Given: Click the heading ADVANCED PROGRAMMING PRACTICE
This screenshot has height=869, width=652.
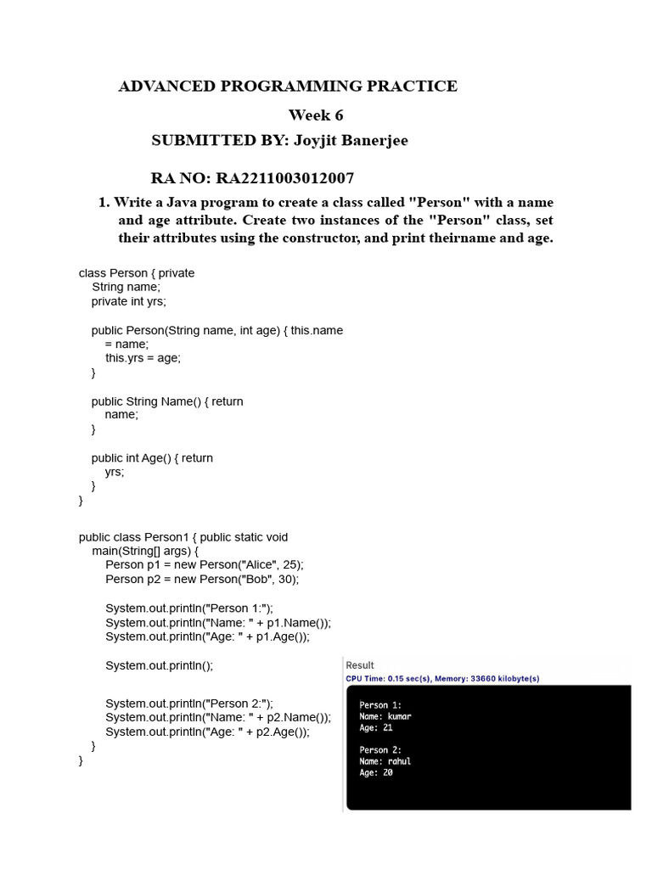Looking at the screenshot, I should click(x=288, y=86).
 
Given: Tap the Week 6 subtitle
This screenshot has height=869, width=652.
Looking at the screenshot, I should click(x=316, y=115).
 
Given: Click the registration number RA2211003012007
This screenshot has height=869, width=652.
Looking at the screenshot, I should click(x=285, y=178).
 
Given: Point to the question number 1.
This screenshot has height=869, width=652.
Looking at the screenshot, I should click(x=104, y=202).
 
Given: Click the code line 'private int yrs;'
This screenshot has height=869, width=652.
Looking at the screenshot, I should click(x=129, y=301).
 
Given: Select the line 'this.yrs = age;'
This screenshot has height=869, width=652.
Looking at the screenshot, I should click(x=143, y=358).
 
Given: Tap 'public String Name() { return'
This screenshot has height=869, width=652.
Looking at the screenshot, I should click(x=167, y=401).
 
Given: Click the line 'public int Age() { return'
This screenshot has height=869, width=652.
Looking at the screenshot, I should click(x=152, y=458).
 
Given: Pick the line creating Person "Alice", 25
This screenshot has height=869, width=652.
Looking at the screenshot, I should click(x=204, y=565).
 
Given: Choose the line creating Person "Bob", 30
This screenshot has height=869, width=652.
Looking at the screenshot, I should click(x=202, y=580).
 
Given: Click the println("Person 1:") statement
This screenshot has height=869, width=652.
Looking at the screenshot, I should click(x=189, y=608).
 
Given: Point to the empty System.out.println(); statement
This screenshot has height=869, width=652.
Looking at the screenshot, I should click(x=160, y=666).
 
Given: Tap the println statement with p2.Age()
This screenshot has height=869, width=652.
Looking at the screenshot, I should click(x=207, y=732).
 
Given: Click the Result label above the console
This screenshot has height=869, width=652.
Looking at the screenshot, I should click(x=360, y=665).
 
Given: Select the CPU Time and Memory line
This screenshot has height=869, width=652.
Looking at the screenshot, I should click(x=442, y=679).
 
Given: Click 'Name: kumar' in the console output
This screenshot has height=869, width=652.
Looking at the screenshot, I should click(x=385, y=716).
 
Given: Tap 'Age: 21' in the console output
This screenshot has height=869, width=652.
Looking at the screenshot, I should click(x=376, y=727).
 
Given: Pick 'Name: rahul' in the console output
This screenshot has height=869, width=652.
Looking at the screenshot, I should click(x=385, y=761).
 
